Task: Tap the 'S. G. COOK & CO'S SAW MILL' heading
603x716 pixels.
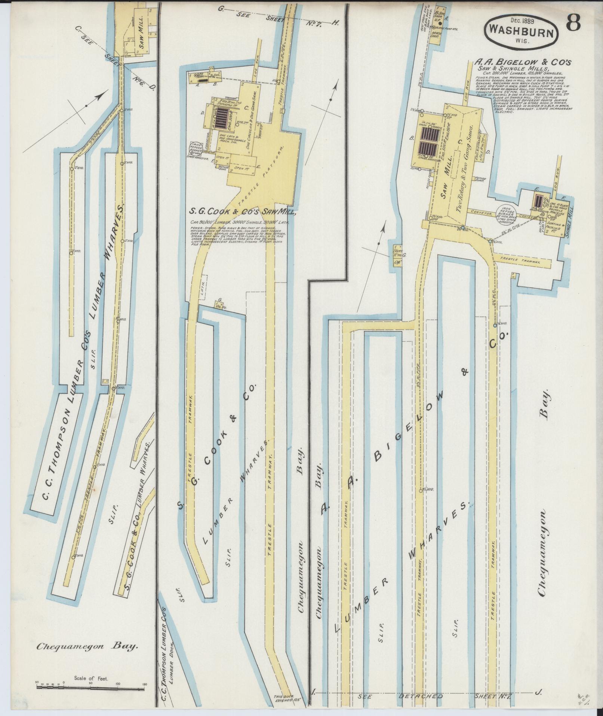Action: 244,213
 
